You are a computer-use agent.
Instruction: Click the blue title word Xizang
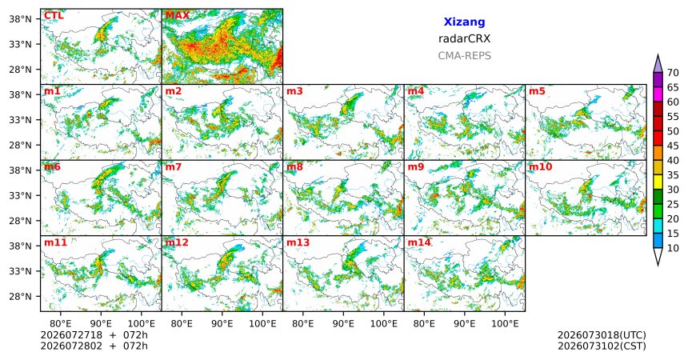coord(464,22)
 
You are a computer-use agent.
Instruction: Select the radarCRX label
coord(464,38)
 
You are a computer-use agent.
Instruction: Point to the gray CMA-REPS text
coord(464,56)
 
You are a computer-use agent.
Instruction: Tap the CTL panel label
coord(54,16)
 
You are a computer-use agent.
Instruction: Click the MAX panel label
coord(177,16)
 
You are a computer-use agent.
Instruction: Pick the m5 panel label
coord(537,91)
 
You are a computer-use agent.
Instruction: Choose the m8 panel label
coord(294,167)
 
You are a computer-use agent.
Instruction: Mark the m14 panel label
coord(419,242)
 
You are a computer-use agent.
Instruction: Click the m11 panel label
coord(55,242)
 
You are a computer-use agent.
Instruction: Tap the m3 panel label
coord(294,91)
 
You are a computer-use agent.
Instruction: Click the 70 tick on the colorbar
coord(673,73)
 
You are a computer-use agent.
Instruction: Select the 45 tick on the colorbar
coord(673,146)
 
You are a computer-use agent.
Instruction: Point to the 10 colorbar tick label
coord(673,248)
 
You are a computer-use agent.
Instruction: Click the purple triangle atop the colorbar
coord(658,65)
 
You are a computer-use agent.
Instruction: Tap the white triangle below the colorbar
coord(658,255)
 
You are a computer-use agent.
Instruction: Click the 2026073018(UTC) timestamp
coord(602,335)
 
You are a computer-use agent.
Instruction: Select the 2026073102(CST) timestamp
coord(602,346)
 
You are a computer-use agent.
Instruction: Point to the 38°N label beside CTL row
coord(21,19)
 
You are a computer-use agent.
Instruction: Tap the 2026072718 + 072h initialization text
coord(94,335)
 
